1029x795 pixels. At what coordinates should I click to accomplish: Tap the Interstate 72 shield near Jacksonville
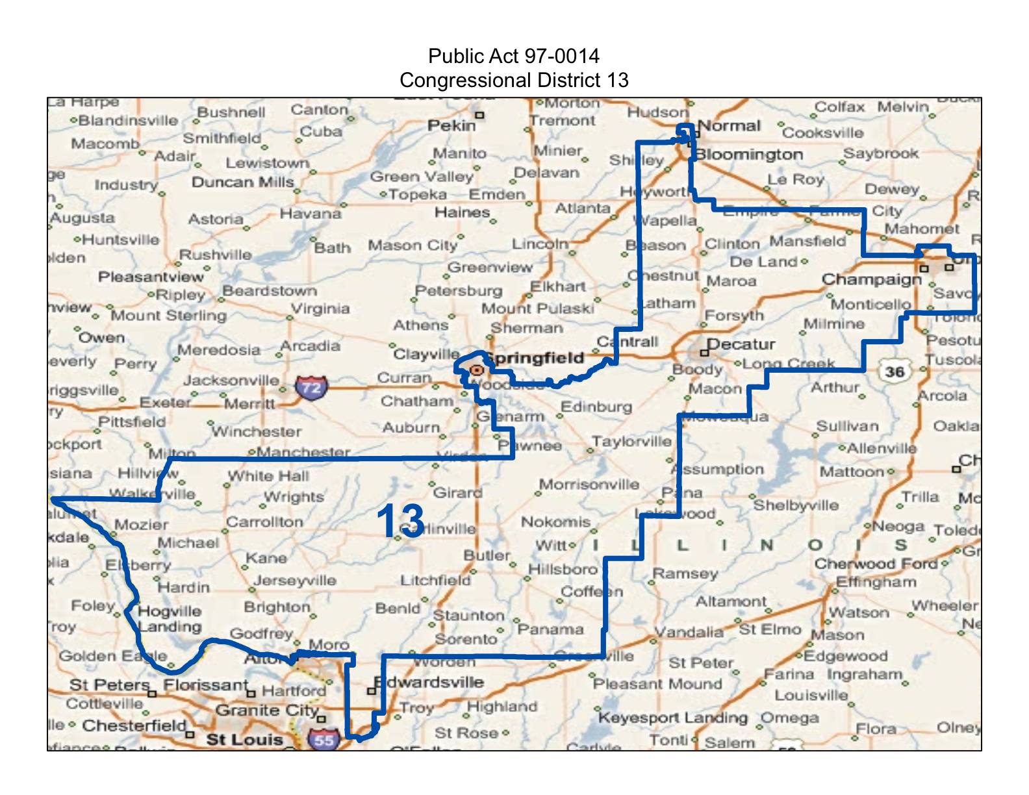point(311,388)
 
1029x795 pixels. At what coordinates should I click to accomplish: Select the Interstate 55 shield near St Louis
point(324,739)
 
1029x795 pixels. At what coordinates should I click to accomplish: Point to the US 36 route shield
point(895,372)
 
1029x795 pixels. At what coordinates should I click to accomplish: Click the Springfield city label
point(535,358)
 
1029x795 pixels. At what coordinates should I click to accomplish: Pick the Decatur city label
point(741,344)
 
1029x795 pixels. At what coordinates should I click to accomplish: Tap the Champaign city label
point(871,279)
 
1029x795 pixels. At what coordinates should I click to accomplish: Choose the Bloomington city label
point(749,155)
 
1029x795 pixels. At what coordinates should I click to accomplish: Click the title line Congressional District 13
point(514,80)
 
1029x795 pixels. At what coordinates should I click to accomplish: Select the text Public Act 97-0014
point(514,56)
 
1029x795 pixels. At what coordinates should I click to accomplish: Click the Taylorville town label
point(631,442)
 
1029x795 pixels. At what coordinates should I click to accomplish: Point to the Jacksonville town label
point(231,380)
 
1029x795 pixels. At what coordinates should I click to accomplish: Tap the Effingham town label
point(876,582)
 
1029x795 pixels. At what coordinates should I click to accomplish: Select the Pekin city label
point(451,125)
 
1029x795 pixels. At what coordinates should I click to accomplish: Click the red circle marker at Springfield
point(477,370)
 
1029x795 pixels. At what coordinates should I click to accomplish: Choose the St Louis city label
point(244,739)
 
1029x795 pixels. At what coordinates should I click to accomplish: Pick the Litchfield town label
point(435,580)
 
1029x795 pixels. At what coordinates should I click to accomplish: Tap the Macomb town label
point(105,144)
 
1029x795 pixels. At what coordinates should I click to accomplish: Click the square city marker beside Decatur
point(704,353)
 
